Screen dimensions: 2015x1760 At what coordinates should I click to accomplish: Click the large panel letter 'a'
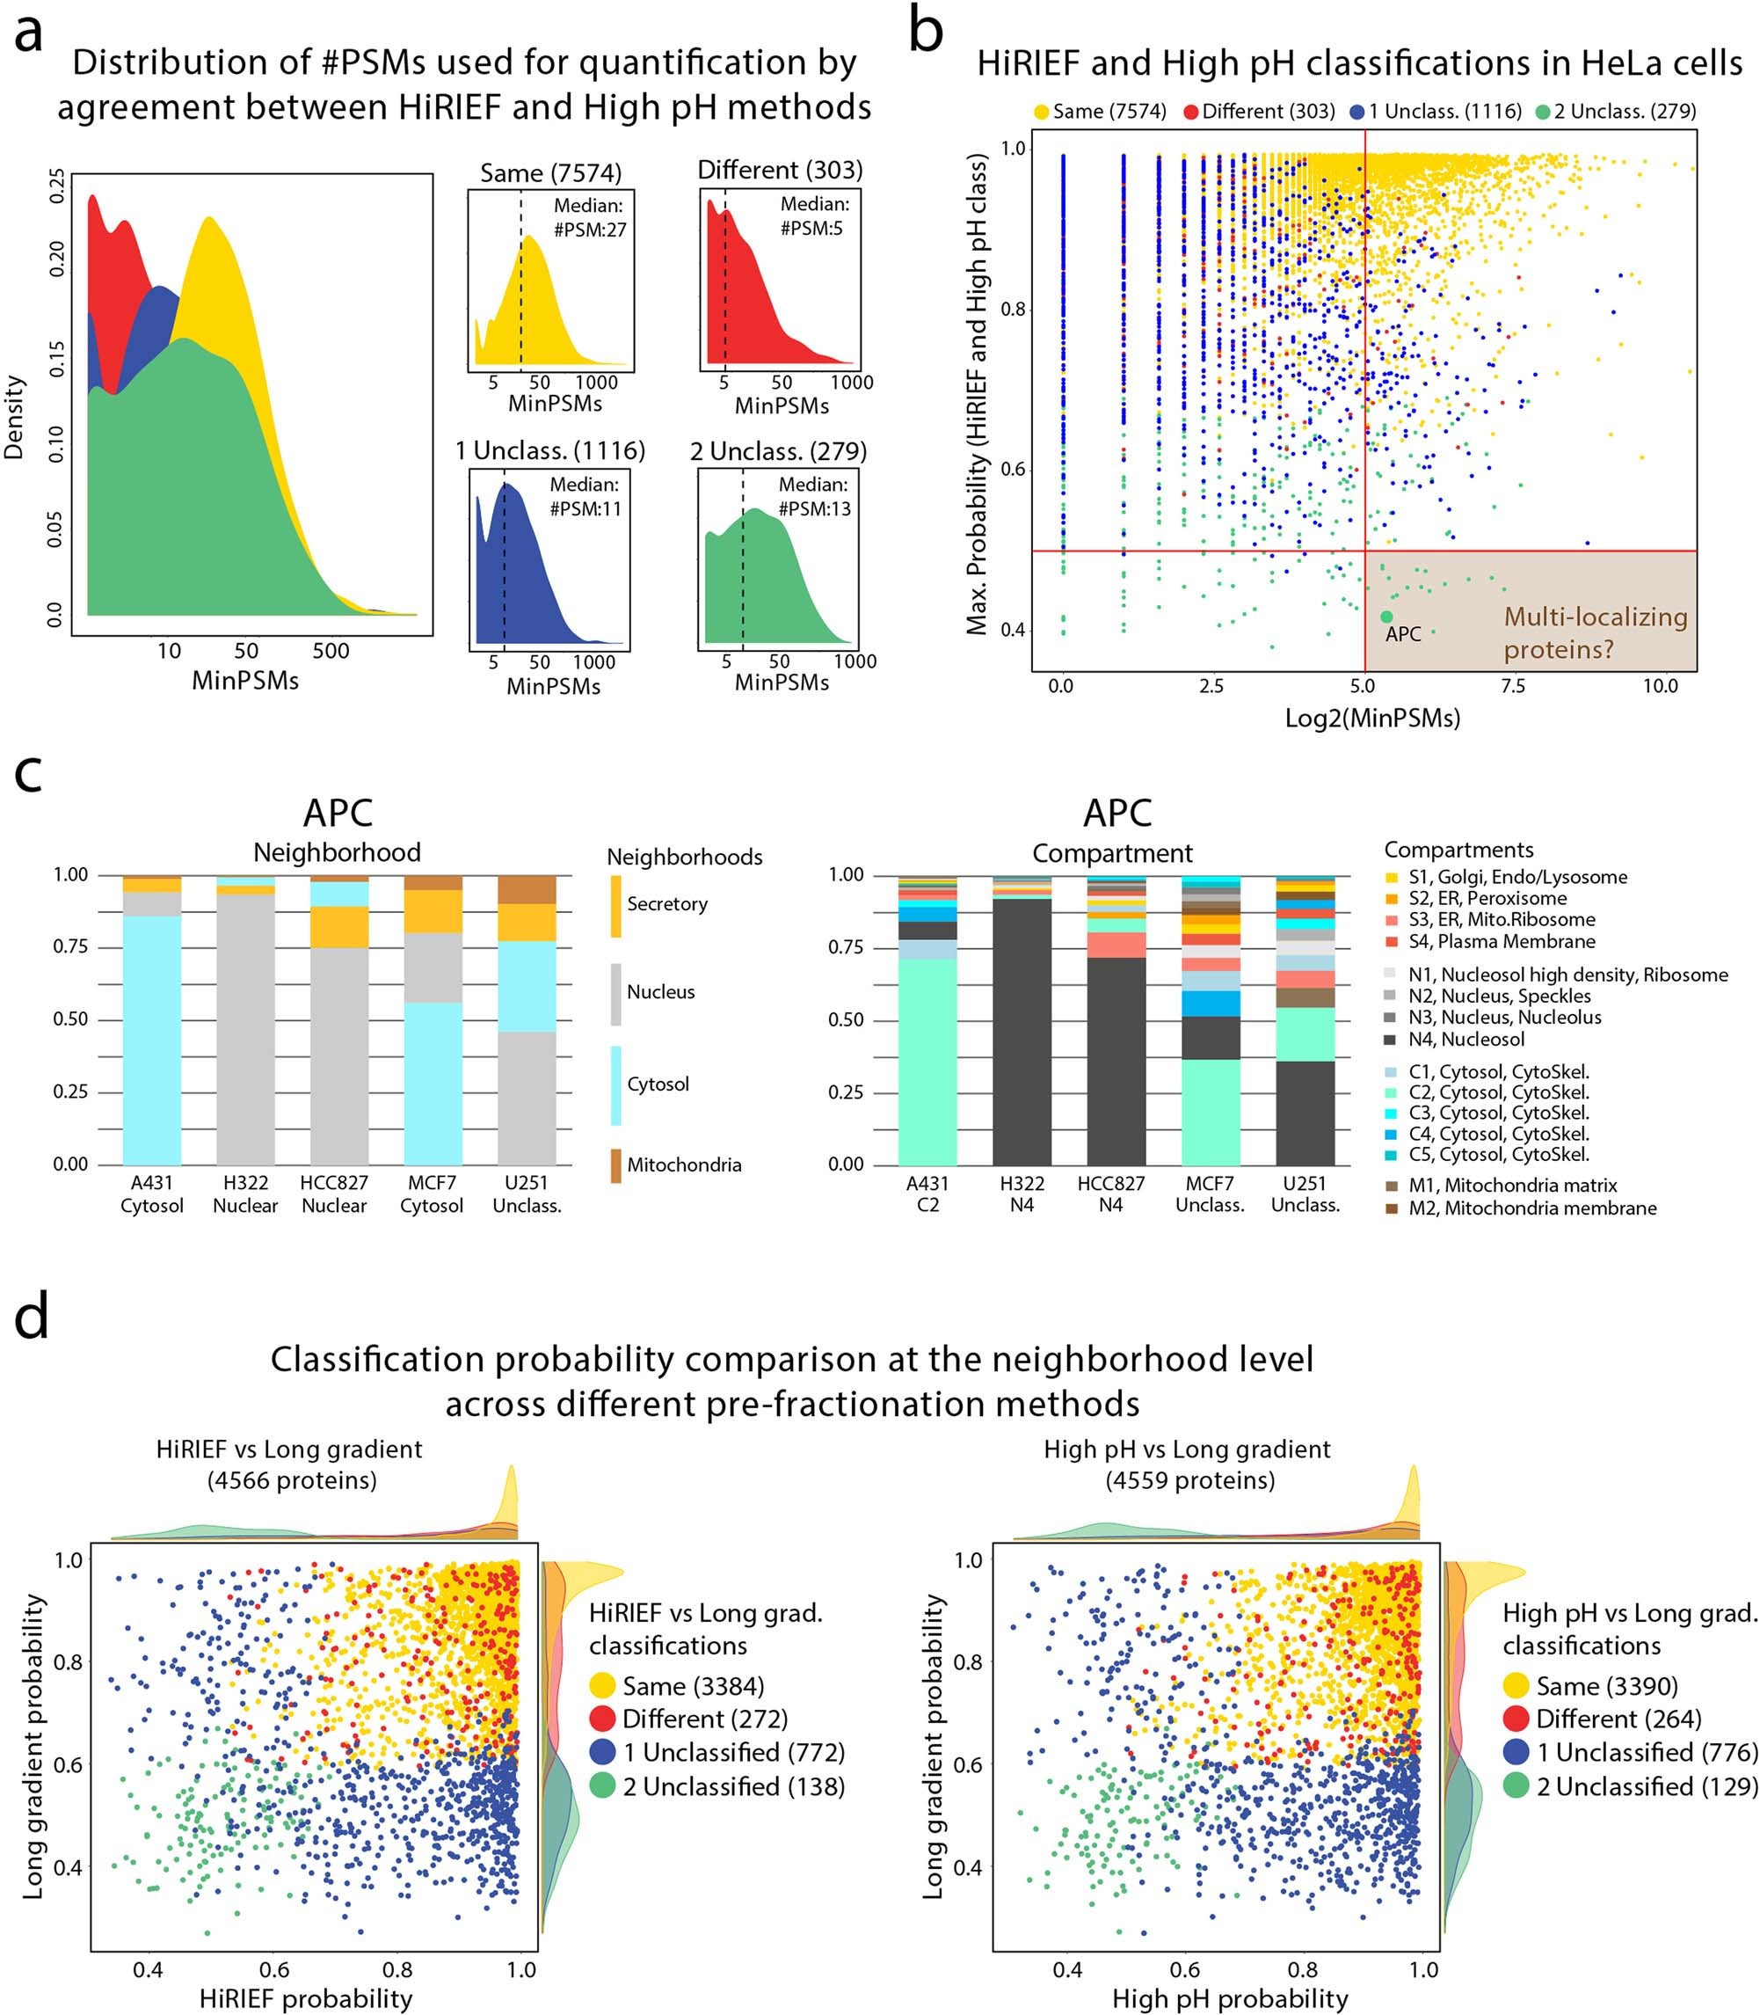(x=30, y=32)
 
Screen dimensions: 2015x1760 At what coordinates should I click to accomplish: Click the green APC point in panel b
(x=1385, y=616)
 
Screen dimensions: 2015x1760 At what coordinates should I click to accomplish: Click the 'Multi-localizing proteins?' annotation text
(x=1595, y=632)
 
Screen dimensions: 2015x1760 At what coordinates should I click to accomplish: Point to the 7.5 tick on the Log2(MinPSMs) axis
(x=1512, y=686)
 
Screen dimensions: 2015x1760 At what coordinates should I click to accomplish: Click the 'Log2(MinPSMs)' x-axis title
(x=1372, y=719)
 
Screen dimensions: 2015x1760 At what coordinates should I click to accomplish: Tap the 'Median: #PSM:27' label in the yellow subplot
(x=589, y=217)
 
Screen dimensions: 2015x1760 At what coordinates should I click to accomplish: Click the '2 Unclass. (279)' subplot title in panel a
(x=778, y=451)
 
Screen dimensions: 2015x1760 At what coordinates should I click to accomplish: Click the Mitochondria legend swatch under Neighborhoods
(x=615, y=1165)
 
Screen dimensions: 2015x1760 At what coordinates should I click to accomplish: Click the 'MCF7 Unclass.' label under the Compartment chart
(x=1210, y=1194)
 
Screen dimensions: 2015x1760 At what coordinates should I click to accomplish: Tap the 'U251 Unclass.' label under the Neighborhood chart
(x=527, y=1194)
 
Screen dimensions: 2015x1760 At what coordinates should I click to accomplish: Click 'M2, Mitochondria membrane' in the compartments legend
(x=1532, y=1208)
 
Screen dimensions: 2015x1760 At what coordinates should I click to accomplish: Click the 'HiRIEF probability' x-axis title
(x=305, y=1997)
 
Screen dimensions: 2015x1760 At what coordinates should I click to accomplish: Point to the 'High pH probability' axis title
(x=1230, y=1997)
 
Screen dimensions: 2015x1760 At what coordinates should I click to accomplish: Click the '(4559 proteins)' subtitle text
(x=1189, y=1479)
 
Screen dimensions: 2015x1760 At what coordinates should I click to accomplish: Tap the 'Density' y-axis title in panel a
(x=14, y=417)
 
